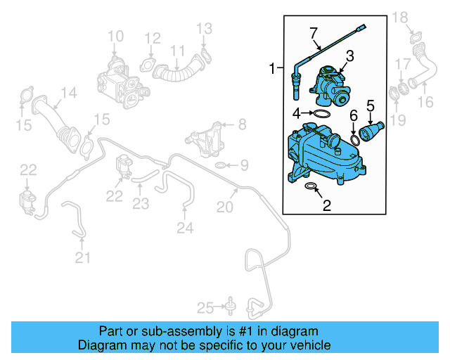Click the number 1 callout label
pyautogui.click(x=272, y=68)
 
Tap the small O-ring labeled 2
pyautogui.click(x=311, y=188)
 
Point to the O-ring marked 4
pyautogui.click(x=321, y=113)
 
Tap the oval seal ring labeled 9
pyautogui.click(x=220, y=166)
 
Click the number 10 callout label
pyautogui.click(x=115, y=36)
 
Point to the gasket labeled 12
pyautogui.click(x=150, y=65)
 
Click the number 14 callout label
pyautogui.click(x=67, y=93)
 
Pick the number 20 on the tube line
pyautogui.click(x=224, y=207)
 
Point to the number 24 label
pyautogui.click(x=184, y=227)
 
